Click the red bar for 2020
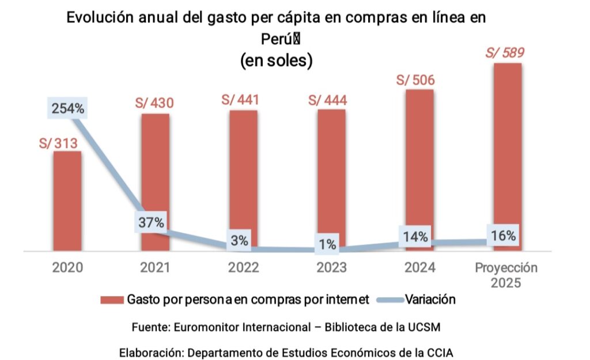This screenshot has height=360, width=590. [x=67, y=201]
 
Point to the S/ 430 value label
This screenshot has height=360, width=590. [x=154, y=103]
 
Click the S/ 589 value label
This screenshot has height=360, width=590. [x=505, y=53]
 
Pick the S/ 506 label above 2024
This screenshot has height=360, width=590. [x=415, y=80]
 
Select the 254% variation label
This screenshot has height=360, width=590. [x=68, y=108]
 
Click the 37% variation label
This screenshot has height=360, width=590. [x=152, y=222]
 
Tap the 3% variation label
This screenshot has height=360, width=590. [x=239, y=241]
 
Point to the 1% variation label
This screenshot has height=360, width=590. [x=327, y=244]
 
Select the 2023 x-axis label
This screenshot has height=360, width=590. [x=331, y=268]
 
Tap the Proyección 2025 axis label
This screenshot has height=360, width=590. [x=506, y=275]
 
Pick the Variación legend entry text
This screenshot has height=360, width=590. [x=430, y=300]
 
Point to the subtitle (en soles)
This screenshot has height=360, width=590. [x=276, y=60]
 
